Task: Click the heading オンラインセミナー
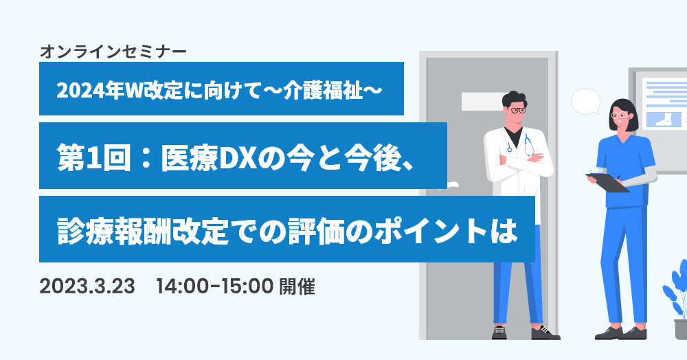pos(113,52)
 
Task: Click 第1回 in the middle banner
pos(94,157)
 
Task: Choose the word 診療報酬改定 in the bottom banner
pos(143,230)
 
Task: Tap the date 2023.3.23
pos(87,286)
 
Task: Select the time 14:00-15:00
pos(214,286)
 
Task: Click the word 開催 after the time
pos(297,286)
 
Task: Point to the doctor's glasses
pos(517,111)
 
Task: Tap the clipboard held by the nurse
pos(608,182)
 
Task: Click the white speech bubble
pos(586,101)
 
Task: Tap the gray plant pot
pos(681,329)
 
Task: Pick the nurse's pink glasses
pos(619,115)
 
